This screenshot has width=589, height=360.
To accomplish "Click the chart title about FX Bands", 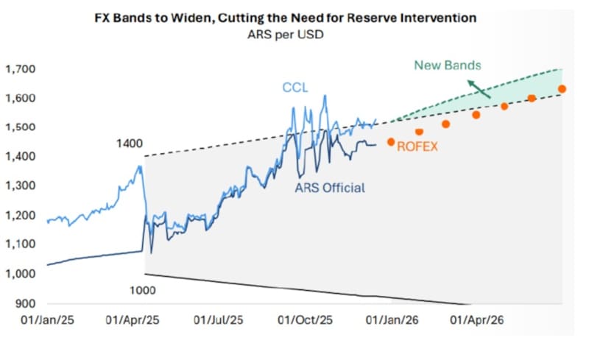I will pos(294,17).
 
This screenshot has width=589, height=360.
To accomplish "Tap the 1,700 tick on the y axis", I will pos(21,69).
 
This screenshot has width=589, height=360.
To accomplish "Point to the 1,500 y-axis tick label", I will pos(21,127).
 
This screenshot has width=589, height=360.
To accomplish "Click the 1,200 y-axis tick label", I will pos(21,216).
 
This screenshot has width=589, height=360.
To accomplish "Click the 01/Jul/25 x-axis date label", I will pos(219,321).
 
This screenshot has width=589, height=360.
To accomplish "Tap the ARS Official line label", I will pos(330,188).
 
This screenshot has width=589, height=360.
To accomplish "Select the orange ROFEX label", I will pos(417,147).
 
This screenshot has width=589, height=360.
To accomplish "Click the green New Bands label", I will pos(447,66).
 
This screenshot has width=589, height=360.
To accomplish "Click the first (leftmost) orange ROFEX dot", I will pos(391,141).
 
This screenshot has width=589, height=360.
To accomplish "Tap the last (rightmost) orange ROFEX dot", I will pos(562,89).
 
